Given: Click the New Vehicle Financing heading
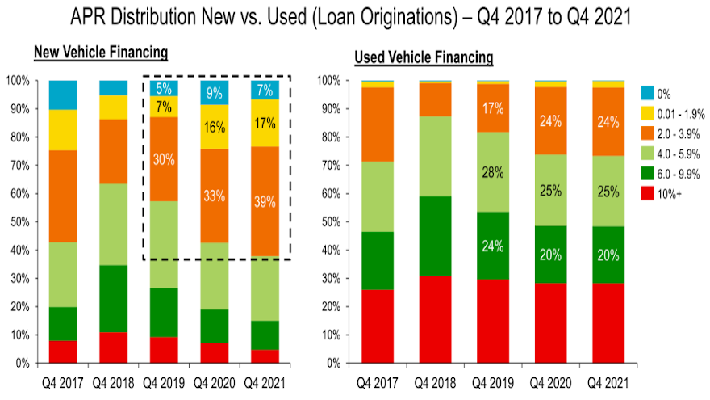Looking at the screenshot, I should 100,53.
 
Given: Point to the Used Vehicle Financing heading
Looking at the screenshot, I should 424,57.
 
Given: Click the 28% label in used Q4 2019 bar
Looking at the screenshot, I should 494,173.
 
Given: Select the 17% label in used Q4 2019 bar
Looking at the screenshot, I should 494,107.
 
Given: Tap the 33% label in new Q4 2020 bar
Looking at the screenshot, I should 215,196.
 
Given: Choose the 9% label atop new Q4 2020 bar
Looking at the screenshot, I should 215,93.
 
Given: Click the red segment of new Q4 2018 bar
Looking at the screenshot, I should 114,347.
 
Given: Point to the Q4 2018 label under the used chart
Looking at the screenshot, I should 435,380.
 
